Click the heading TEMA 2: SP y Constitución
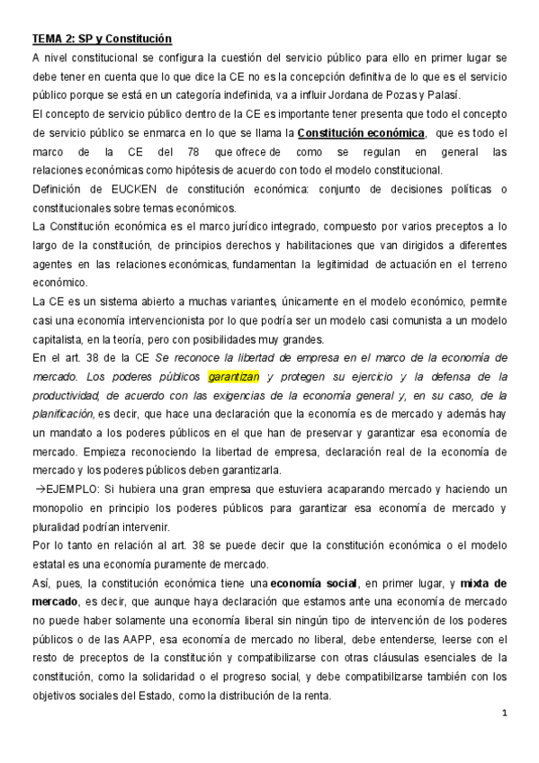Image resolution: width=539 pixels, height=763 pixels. tap(101, 40)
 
